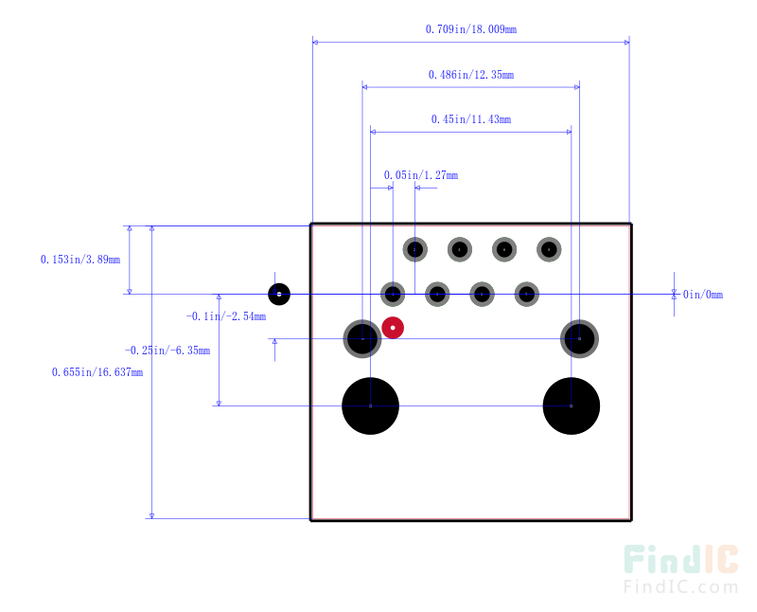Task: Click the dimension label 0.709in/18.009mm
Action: point(470,29)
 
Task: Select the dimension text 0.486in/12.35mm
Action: point(470,74)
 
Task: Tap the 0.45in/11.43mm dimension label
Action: point(470,119)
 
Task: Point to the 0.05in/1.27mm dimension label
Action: point(420,175)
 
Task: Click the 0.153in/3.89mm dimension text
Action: point(80,259)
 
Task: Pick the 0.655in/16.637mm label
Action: point(97,372)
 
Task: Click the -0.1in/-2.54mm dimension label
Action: point(225,316)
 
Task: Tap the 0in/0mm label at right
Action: point(702,295)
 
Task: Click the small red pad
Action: point(393,328)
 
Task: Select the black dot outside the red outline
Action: point(279,294)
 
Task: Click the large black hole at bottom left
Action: point(370,405)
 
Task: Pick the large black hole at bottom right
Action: point(571,405)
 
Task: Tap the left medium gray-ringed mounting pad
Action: point(362,338)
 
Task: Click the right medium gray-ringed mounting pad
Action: point(579,338)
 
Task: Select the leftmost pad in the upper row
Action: point(414,249)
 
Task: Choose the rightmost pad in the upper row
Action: point(549,249)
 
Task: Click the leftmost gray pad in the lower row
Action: point(393,294)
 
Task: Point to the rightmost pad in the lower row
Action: point(526,294)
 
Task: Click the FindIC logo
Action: point(680,568)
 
